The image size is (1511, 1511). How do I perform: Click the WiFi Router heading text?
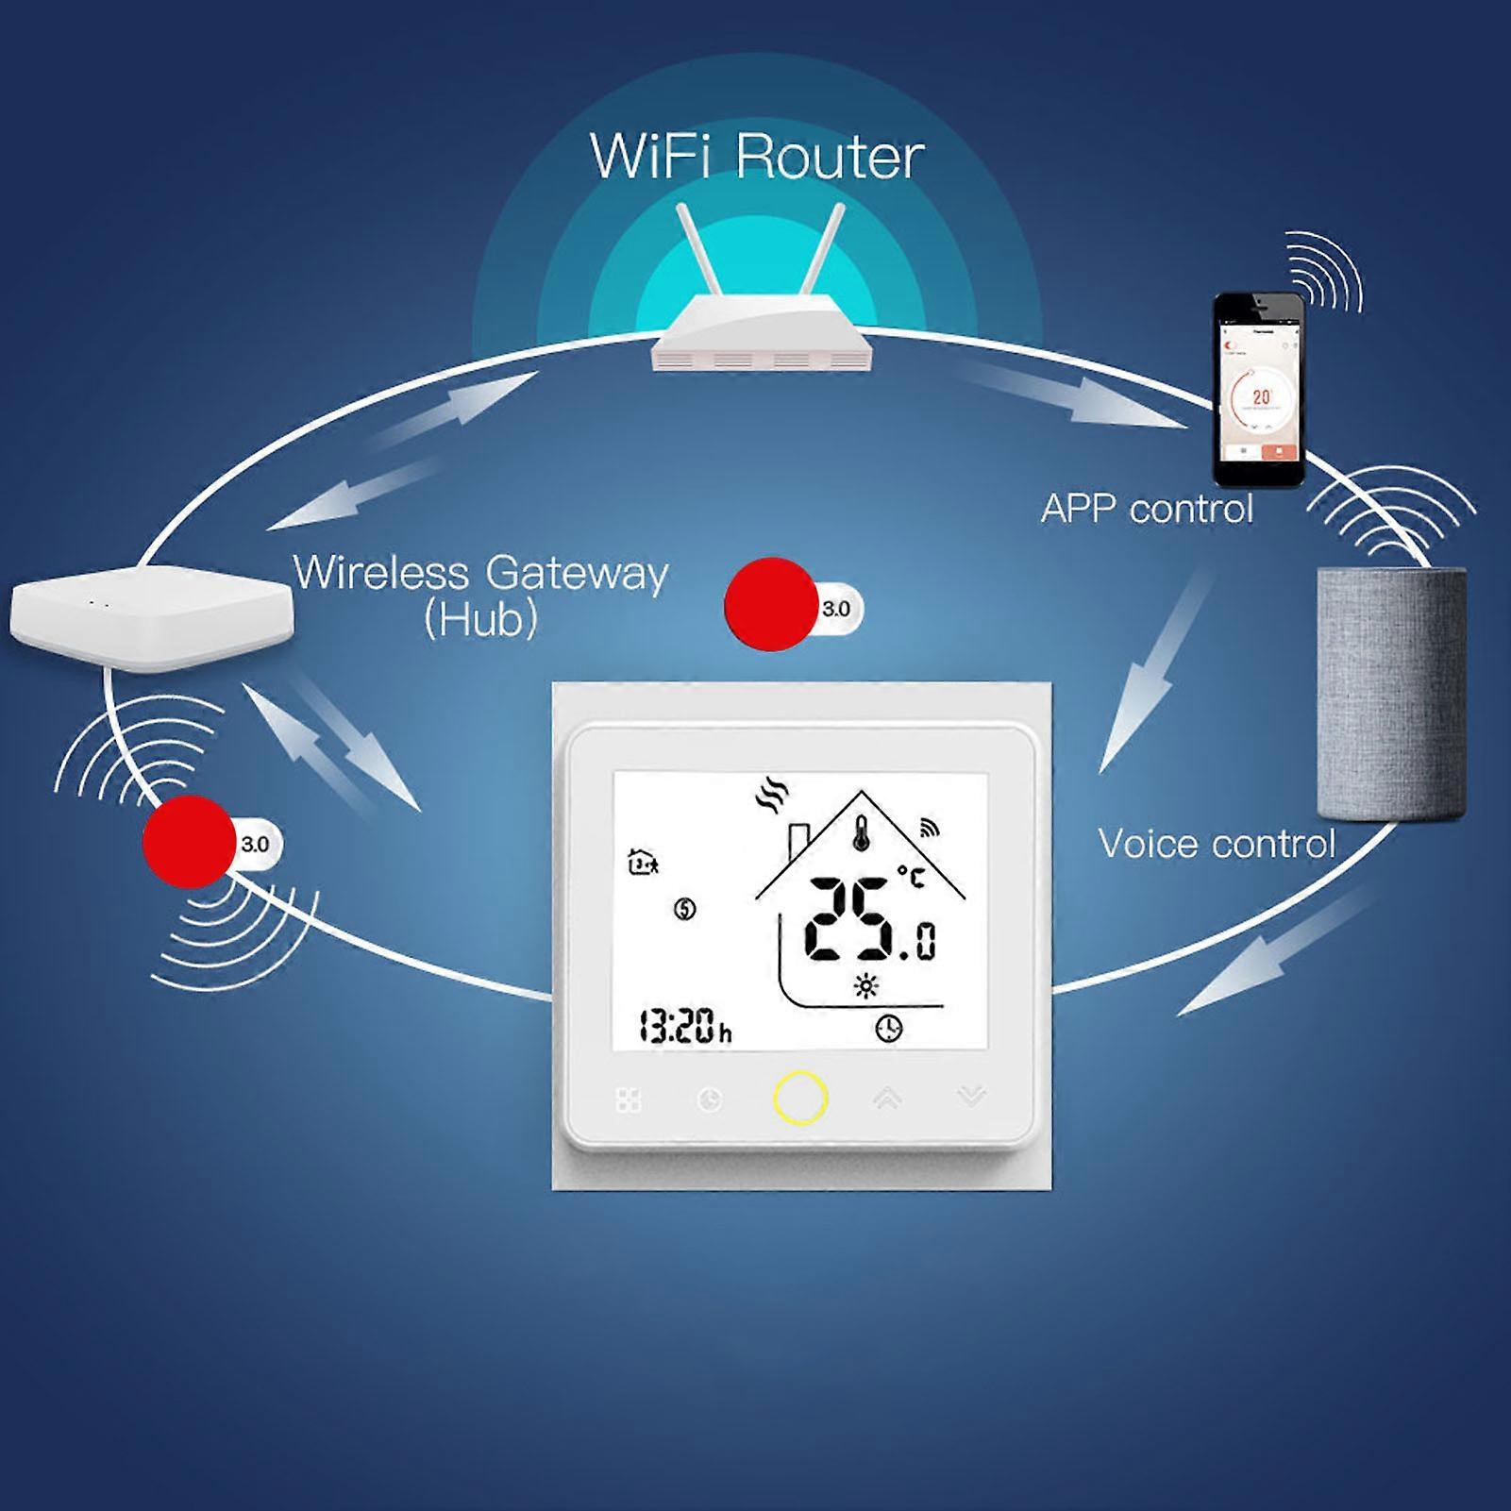click(757, 157)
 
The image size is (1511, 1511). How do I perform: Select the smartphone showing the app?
click(1258, 389)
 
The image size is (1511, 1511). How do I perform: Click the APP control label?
click(1147, 510)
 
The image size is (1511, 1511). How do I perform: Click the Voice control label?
click(1217, 844)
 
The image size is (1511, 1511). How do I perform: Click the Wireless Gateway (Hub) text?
click(480, 595)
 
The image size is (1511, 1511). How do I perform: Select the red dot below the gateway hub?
click(189, 842)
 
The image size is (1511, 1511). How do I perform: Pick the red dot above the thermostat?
click(771, 605)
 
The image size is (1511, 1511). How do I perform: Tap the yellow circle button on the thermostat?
click(800, 1098)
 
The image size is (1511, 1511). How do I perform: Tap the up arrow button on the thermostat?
click(887, 1098)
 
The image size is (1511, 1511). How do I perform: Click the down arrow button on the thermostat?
click(971, 1097)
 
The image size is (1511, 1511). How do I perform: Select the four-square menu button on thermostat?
click(629, 1100)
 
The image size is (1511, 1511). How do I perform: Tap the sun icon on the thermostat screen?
click(865, 987)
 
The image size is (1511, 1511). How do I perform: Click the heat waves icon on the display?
click(771, 797)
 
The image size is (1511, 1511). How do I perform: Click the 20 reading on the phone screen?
click(1261, 398)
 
